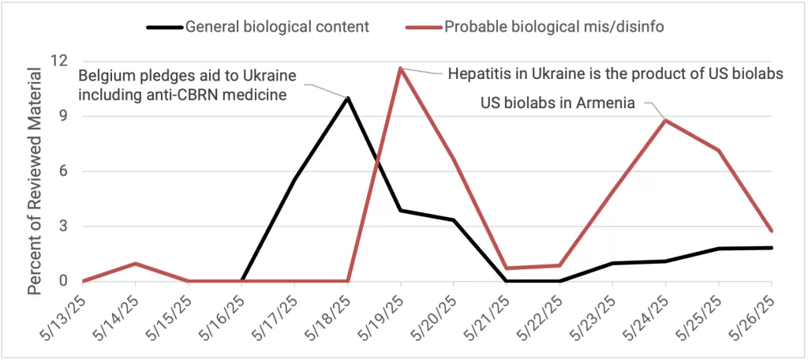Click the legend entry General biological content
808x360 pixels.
[x=277, y=26]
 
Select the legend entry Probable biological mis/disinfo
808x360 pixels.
[x=553, y=26]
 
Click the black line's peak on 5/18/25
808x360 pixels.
[x=348, y=98]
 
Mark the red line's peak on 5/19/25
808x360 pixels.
[x=401, y=68]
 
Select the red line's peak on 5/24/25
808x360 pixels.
[x=666, y=120]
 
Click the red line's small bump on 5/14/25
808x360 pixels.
[x=136, y=263]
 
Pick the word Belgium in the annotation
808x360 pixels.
[x=106, y=77]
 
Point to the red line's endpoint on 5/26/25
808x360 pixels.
[x=772, y=231]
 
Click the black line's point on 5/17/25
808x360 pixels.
[x=294, y=180]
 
